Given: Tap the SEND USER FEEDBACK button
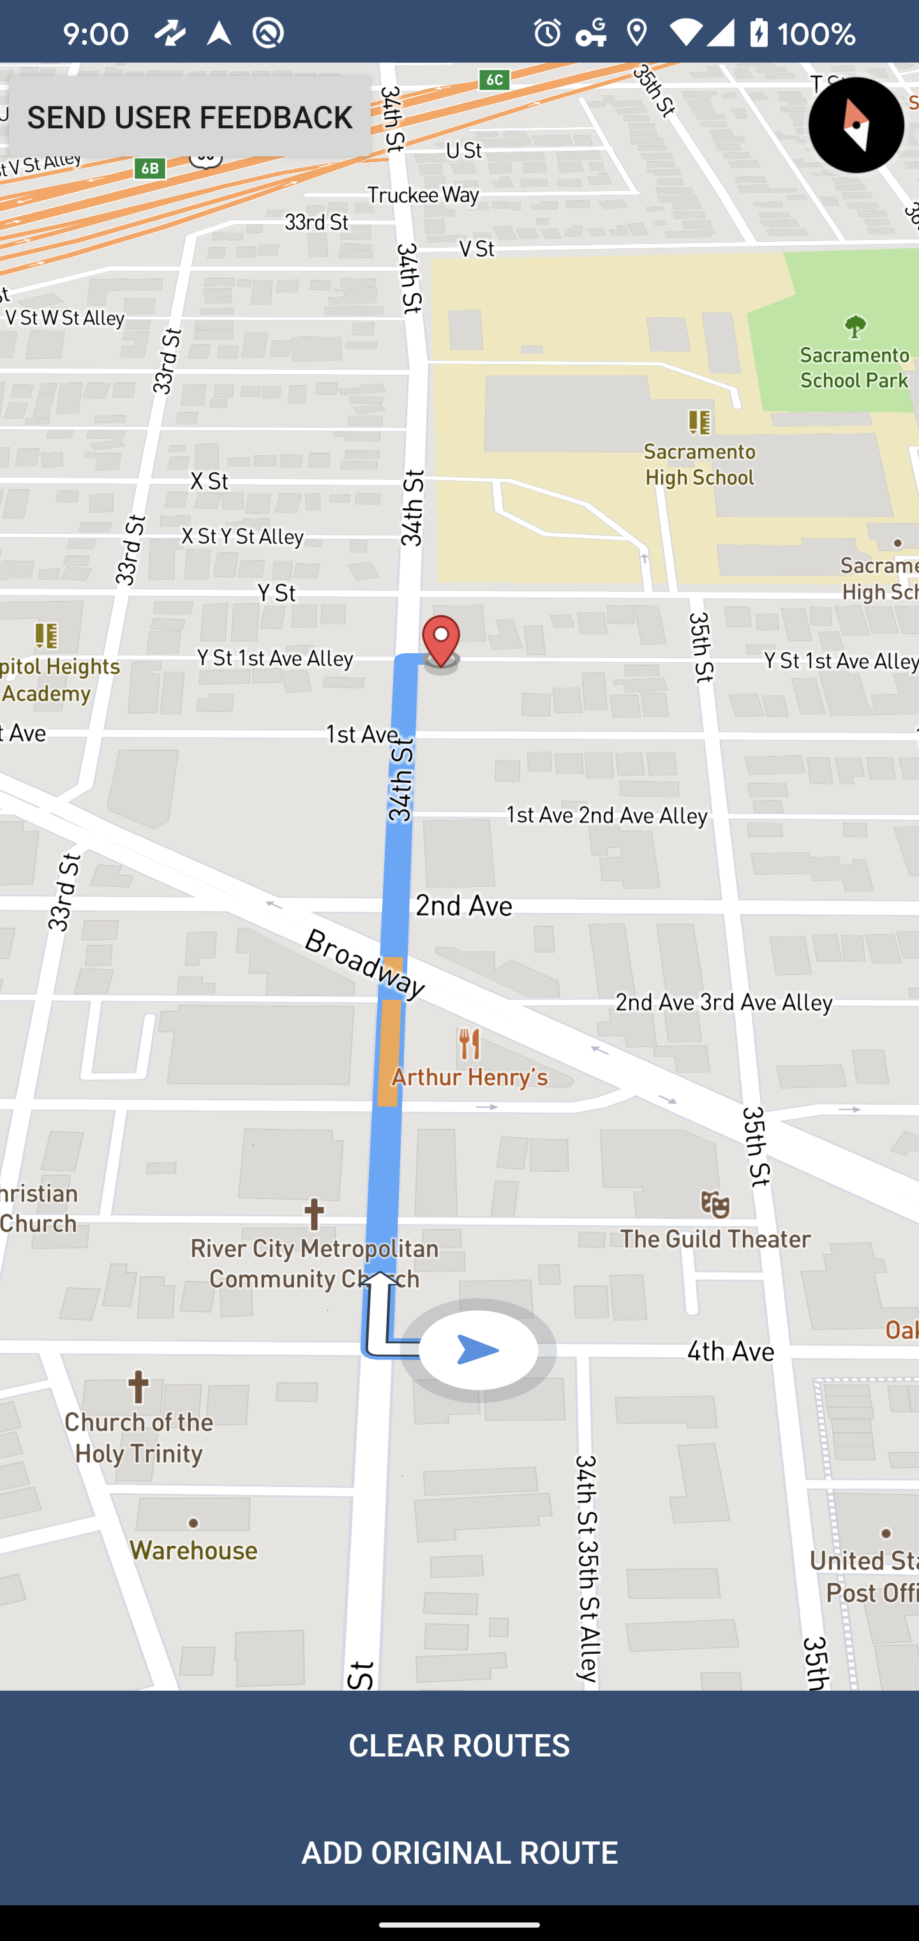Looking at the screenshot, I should [x=189, y=117].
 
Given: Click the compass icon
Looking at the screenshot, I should [x=855, y=125].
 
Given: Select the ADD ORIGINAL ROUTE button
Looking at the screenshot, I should [x=459, y=1853].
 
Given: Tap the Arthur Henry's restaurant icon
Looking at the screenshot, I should [x=469, y=1045].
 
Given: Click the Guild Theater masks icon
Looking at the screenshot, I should [x=715, y=1205].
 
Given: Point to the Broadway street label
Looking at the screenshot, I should [x=365, y=962].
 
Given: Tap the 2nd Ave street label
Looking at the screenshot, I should [x=463, y=905].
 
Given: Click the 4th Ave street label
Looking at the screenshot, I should [x=730, y=1351].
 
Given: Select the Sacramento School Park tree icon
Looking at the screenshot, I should [x=854, y=327].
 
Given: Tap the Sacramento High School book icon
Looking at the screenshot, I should [x=699, y=422].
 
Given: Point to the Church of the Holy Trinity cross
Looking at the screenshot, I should [x=138, y=1386].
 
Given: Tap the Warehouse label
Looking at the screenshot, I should [x=193, y=1550].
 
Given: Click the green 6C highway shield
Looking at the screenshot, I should [x=494, y=79].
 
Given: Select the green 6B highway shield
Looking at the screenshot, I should [x=150, y=168].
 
